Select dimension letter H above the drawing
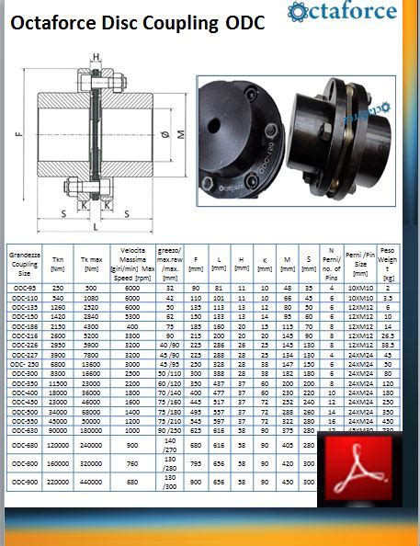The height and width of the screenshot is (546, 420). click(96, 58)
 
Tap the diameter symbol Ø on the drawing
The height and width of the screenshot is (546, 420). click(162, 136)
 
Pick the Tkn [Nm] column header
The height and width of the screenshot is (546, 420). click(58, 264)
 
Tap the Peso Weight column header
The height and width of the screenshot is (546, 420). click(387, 263)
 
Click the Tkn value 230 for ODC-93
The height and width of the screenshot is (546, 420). click(58, 288)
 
